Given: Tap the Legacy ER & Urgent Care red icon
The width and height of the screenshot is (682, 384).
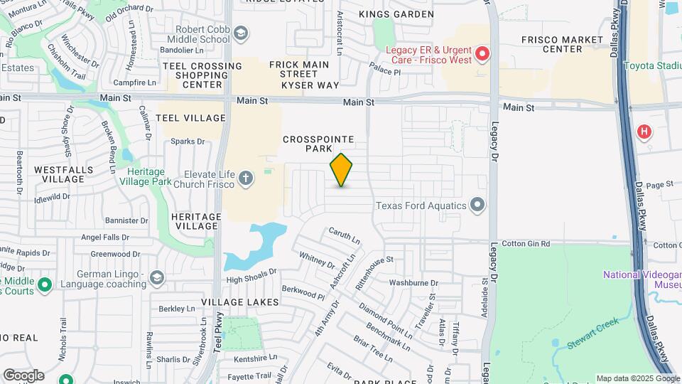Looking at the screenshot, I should (x=482, y=53).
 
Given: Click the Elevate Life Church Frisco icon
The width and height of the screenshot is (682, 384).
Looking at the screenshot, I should (x=246, y=178).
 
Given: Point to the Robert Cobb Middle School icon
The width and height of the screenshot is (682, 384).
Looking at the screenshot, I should (x=241, y=33).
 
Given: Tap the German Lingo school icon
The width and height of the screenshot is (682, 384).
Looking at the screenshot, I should (x=156, y=277).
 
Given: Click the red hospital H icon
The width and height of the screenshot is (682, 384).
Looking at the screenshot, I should (x=644, y=131).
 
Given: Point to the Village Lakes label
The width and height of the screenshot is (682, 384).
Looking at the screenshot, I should (x=239, y=302).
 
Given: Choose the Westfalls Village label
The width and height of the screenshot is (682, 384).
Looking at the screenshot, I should (x=60, y=175).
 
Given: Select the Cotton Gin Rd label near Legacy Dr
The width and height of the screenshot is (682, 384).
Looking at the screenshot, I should (x=526, y=244).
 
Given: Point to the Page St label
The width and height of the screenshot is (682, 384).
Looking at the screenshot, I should (x=659, y=185).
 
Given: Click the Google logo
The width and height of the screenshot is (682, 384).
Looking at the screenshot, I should (x=23, y=375).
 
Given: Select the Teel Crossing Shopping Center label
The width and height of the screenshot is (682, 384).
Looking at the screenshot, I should (x=202, y=75).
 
